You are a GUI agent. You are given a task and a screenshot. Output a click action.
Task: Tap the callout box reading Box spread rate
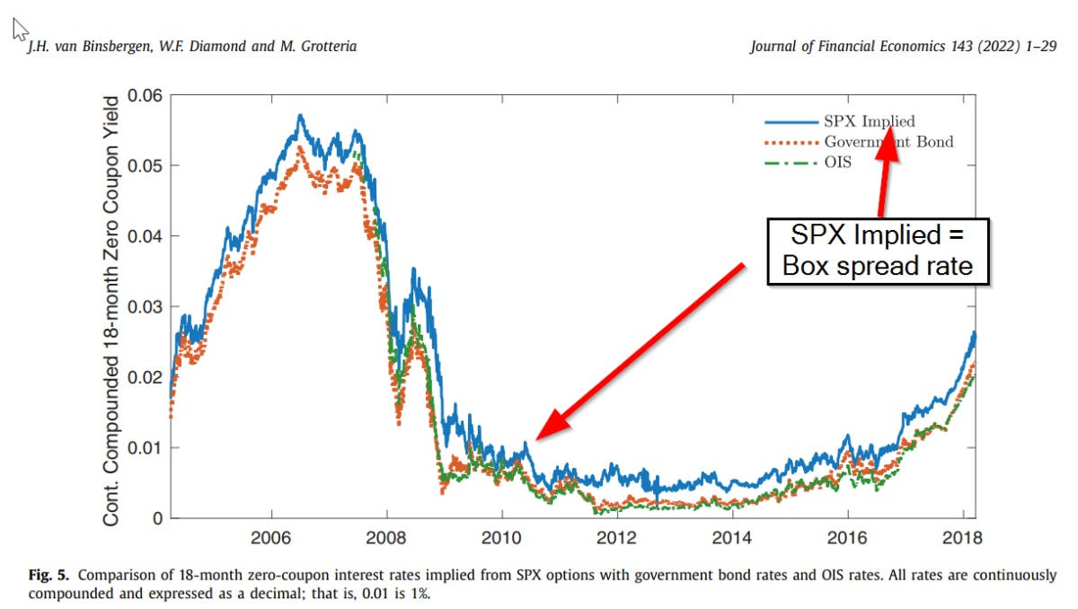click(x=877, y=252)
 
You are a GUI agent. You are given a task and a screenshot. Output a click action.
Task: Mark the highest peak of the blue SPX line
click(x=300, y=115)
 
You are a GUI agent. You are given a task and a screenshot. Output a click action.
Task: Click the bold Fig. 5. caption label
click(x=48, y=575)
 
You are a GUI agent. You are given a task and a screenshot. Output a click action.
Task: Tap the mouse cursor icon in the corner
click(x=20, y=31)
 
